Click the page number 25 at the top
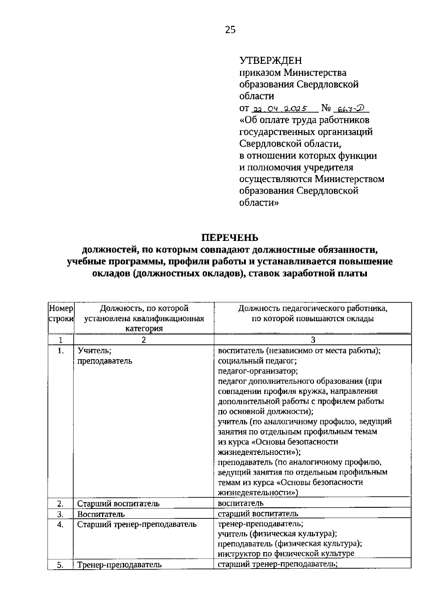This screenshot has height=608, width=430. [230, 30]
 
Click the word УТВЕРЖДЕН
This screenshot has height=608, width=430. [271, 60]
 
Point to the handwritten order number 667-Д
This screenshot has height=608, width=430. [351, 108]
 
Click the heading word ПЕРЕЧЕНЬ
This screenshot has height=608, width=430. [229, 238]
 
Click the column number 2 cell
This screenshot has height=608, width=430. [143, 340]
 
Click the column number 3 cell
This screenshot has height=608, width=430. [312, 340]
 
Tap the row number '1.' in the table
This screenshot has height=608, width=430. [61, 351]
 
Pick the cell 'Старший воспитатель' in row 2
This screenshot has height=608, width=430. [118, 504]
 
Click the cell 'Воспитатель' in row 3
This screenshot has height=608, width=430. [101, 514]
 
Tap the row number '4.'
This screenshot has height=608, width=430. [61, 525]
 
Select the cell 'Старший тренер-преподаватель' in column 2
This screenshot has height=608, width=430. [137, 524]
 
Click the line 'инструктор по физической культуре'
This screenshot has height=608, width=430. [286, 553]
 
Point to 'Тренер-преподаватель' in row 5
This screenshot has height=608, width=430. [119, 565]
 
